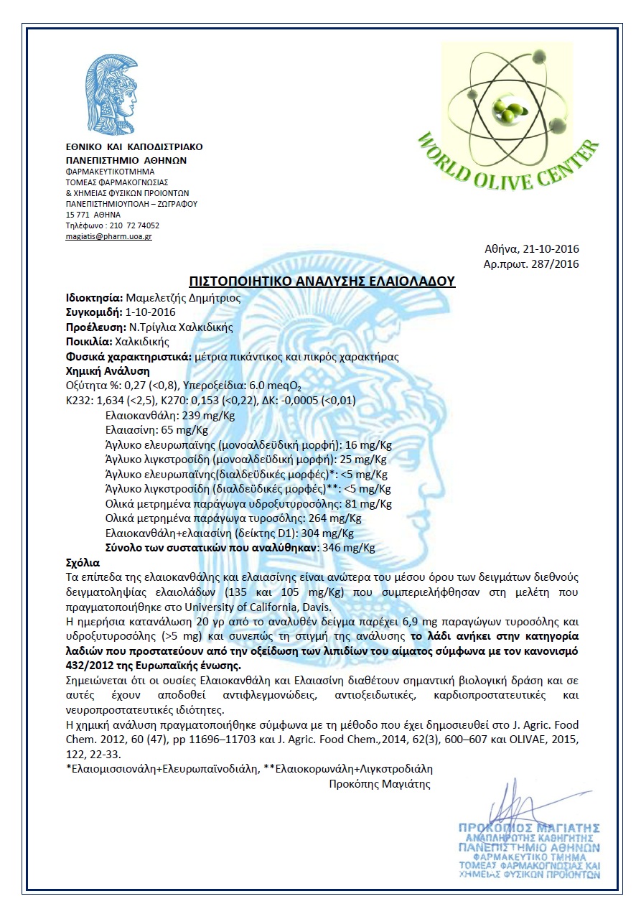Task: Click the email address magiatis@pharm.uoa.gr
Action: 108,236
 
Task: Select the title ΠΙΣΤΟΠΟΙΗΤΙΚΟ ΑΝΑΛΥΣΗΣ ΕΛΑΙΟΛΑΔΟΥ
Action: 322,281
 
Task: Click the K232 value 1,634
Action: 114,401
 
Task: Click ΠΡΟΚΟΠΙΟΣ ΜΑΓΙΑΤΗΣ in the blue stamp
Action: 529,828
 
